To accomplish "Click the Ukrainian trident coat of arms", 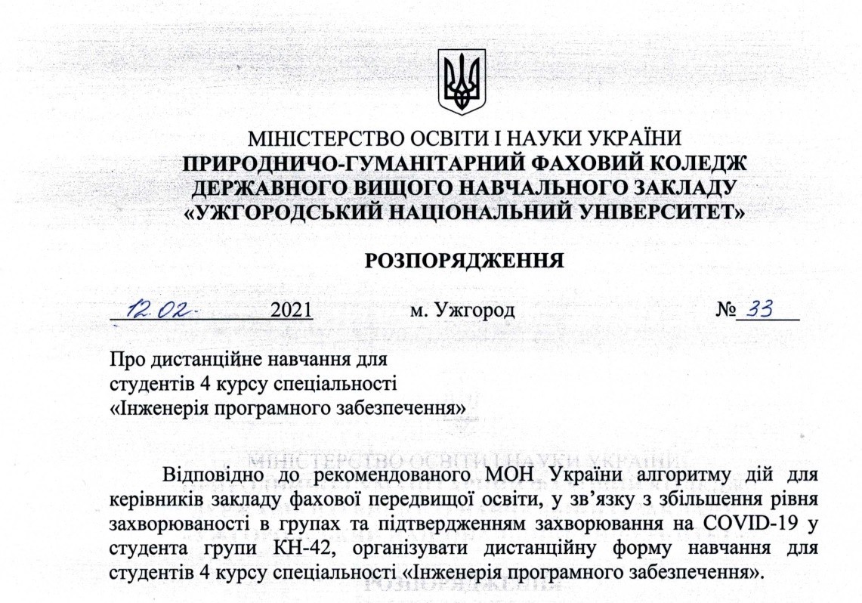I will pos(462,82).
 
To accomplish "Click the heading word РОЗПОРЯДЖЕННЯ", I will pos(466,261).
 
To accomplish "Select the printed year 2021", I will pos(292,311).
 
